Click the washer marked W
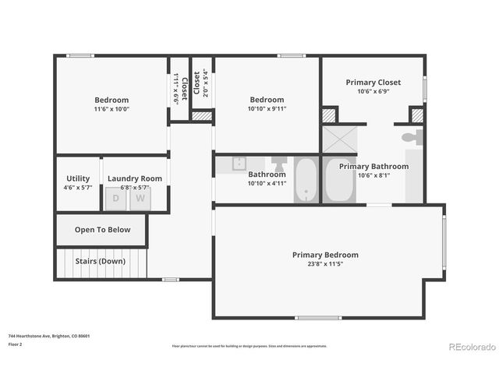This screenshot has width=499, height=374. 141,198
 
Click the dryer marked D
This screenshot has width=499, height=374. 116,198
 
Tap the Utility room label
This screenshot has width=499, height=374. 78,178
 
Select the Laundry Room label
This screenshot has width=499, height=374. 135,178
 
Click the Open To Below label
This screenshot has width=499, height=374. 102,230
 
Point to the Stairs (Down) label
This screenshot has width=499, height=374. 100,261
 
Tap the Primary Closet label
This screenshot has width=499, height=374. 373,82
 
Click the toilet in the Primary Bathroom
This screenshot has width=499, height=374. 411,138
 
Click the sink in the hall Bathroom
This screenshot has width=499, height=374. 239,163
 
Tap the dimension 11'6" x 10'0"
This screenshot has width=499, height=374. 111,110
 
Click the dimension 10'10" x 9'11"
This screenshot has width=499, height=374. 267,109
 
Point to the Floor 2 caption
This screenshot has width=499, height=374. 16,344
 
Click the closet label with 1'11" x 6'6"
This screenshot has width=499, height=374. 177,88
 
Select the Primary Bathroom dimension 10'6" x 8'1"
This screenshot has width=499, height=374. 373,175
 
